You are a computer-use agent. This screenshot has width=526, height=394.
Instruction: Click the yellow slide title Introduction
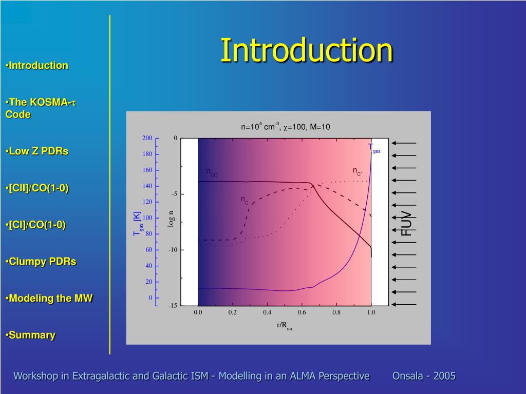306,50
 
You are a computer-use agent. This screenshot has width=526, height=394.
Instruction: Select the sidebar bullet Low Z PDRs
37,151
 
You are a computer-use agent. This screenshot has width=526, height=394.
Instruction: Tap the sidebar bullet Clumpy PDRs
41,261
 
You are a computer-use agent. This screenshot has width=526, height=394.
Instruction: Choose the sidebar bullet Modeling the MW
49,298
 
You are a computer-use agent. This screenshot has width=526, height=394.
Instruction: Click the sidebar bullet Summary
30,335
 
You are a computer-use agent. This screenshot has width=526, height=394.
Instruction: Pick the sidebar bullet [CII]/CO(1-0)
37,188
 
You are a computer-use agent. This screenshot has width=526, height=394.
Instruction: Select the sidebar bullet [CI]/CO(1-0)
35,225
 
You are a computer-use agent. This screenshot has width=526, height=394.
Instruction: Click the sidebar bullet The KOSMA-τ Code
41,108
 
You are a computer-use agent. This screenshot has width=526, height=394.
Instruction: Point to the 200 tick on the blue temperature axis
147,138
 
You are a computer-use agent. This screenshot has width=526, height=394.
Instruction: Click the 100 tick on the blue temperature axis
147,218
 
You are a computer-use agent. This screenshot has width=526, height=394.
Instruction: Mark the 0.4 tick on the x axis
267,312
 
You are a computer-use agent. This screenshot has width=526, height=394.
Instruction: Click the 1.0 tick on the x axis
371,312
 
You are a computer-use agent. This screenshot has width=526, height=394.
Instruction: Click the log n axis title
171,219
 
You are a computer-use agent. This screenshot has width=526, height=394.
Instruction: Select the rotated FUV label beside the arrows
406,224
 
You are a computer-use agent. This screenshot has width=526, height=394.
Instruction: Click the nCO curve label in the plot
212,172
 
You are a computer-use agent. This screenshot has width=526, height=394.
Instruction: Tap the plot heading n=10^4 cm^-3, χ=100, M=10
286,127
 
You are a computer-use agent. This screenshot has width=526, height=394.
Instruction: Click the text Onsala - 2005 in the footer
424,376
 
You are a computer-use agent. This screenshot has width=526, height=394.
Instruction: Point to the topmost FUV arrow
404,143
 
